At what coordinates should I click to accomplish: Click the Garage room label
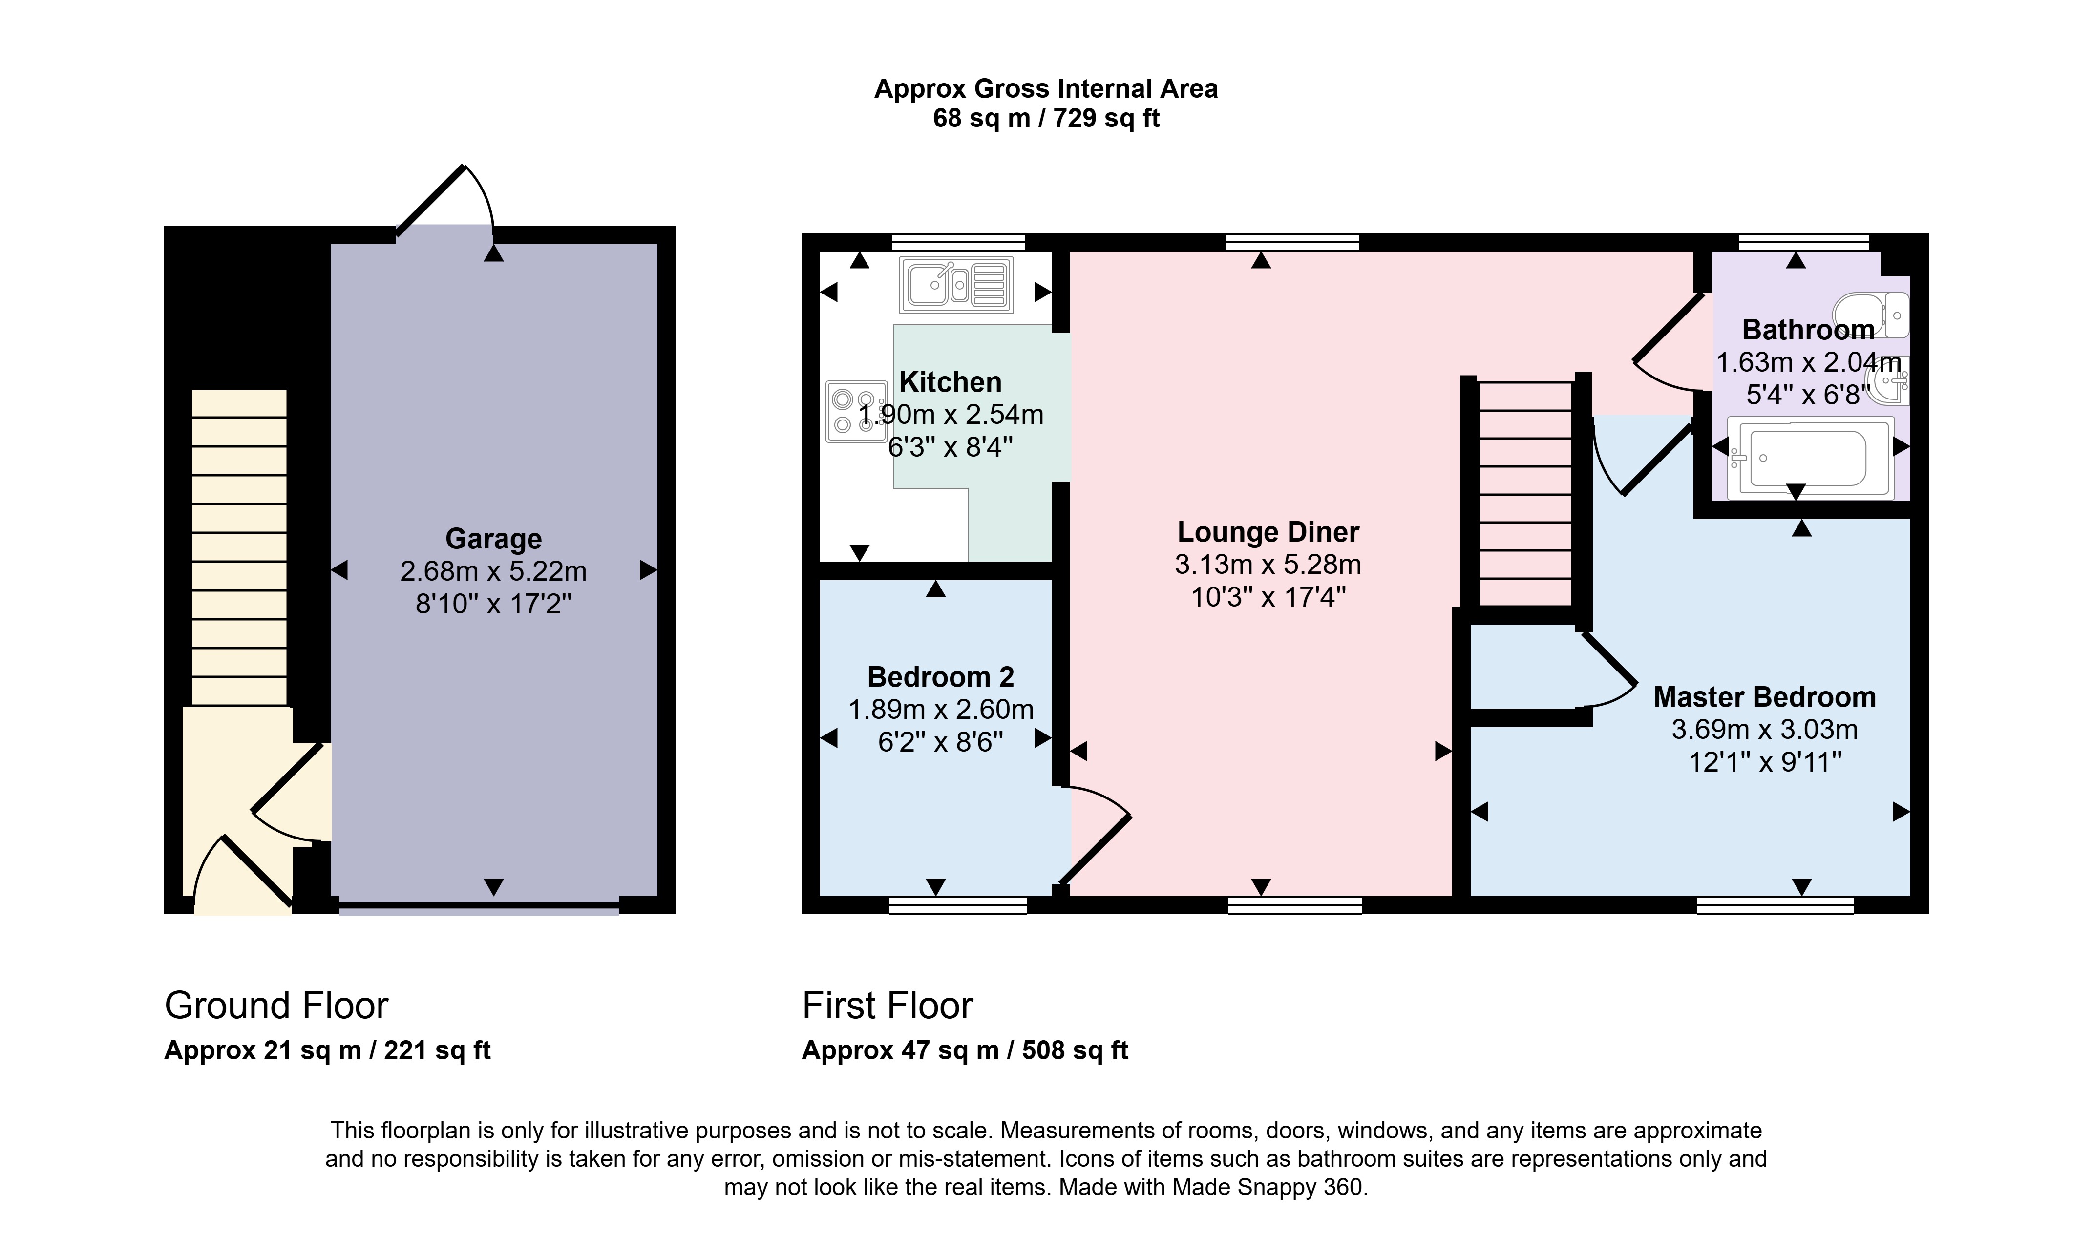tap(493, 539)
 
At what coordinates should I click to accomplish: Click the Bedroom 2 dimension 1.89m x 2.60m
tap(940, 709)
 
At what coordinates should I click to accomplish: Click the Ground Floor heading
tap(276, 1005)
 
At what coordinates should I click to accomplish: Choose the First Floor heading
tap(887, 1005)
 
